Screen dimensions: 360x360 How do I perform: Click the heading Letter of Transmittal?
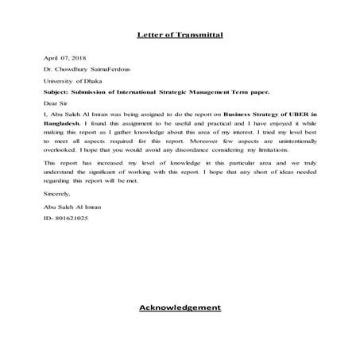[x=180, y=36]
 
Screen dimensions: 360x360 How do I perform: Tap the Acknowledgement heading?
[x=180, y=307]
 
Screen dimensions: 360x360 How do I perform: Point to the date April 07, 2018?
[x=64, y=59]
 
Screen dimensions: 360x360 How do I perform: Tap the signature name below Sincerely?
[x=70, y=206]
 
